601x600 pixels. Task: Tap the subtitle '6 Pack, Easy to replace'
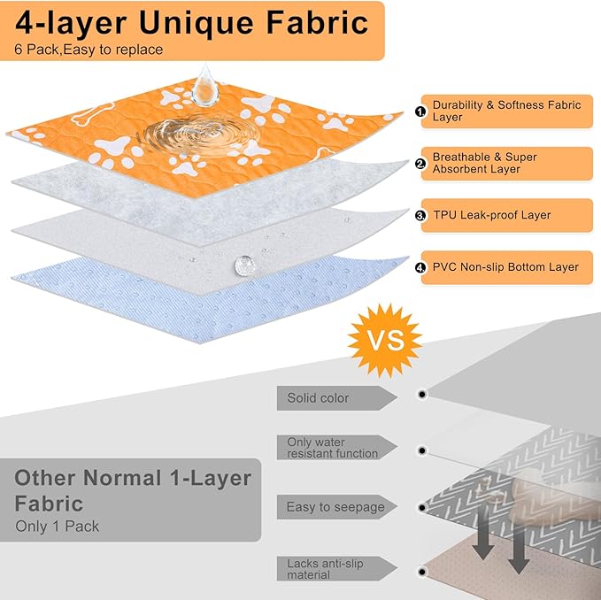89,50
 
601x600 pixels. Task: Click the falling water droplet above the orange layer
205,85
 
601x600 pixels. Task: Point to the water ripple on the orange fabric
199,135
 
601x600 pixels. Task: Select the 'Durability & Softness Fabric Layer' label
506,112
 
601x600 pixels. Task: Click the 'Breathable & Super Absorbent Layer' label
506,163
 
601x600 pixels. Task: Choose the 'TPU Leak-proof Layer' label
506,215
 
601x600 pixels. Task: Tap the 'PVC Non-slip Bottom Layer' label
506,267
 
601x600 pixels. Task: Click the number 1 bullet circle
420,112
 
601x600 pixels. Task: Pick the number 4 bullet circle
420,267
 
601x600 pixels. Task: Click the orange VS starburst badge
385,340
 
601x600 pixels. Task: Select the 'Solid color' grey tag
337,398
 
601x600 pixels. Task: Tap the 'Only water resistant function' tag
337,448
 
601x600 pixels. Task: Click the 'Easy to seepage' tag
337,507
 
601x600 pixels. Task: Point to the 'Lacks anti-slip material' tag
337,568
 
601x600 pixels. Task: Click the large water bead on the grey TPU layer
244,265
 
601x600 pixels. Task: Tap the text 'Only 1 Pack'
58,527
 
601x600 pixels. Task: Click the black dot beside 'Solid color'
422,394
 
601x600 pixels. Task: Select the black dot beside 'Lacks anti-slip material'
422,572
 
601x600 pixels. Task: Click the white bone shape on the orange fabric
93,114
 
